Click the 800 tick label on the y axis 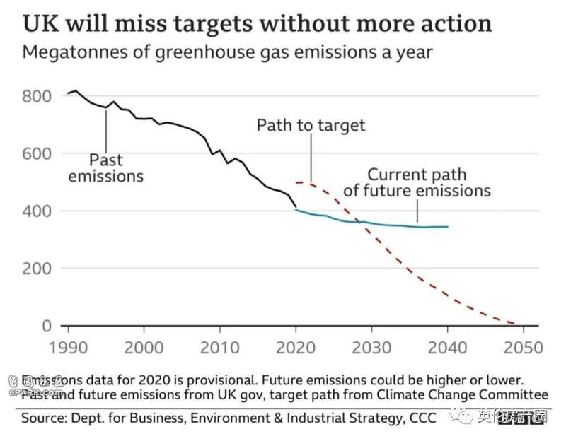pos(37,96)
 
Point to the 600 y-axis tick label pos(37,153)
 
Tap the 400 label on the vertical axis pos(37,211)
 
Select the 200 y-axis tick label pos(37,269)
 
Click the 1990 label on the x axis pos(68,348)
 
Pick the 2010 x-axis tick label pos(220,348)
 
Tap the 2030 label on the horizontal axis pos(371,348)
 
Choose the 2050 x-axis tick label pos(523,348)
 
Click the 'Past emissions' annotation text pos(105,167)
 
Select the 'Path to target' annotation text pos(311,126)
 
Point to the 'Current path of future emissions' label pos(417,182)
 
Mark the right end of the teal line pos(448,227)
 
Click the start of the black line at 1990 pos(69,93)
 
